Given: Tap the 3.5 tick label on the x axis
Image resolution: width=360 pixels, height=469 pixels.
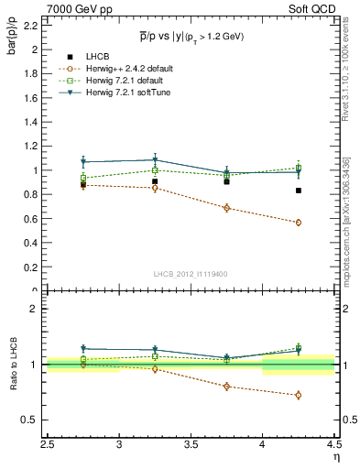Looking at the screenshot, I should (x=191, y=444).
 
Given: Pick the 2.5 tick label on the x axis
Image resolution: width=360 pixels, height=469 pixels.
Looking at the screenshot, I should (x=48, y=444).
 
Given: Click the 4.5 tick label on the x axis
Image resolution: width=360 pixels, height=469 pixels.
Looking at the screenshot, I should (x=333, y=444).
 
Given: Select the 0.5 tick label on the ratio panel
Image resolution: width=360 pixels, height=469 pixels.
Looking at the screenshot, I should (x=31, y=420).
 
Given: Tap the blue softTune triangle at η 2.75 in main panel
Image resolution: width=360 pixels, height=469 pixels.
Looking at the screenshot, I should (x=83, y=162).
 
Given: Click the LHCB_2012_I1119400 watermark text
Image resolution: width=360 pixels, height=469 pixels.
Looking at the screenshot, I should (x=191, y=275).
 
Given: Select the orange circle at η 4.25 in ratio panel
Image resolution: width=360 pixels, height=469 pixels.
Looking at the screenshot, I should (x=299, y=395).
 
